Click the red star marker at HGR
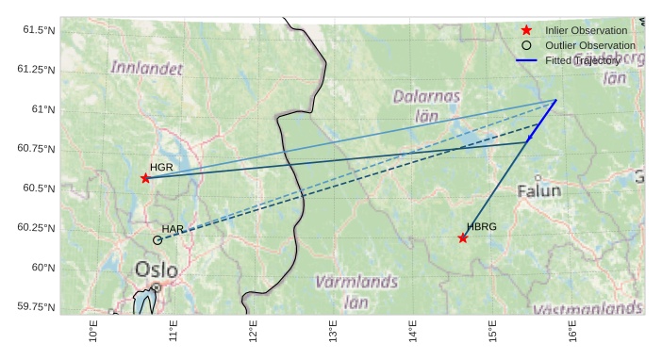tap(145, 178)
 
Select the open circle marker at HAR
tap(157, 240)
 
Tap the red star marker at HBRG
tap(463, 237)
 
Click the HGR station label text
tap(161, 167)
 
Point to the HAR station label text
tap(173, 229)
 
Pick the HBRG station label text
tap(481, 227)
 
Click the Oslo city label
tap(156, 270)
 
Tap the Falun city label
tap(539, 190)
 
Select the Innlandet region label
tap(146, 68)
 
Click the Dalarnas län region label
tap(426, 106)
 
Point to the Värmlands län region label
tap(356, 291)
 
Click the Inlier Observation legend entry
tap(586, 30)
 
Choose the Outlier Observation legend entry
tap(589, 45)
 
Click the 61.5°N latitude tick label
tap(39, 30)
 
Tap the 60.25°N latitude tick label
tap(36, 228)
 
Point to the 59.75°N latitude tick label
tap(36, 307)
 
